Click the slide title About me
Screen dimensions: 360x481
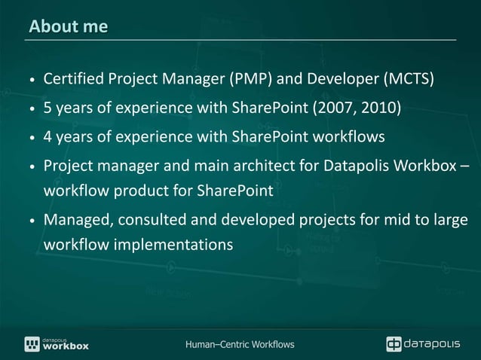pos(69,27)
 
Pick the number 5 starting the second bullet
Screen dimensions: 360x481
pos(47,108)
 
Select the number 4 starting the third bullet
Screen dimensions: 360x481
pos(47,136)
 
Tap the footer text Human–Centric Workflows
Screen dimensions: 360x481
pos(240,345)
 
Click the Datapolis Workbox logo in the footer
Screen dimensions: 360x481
pos(57,343)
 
